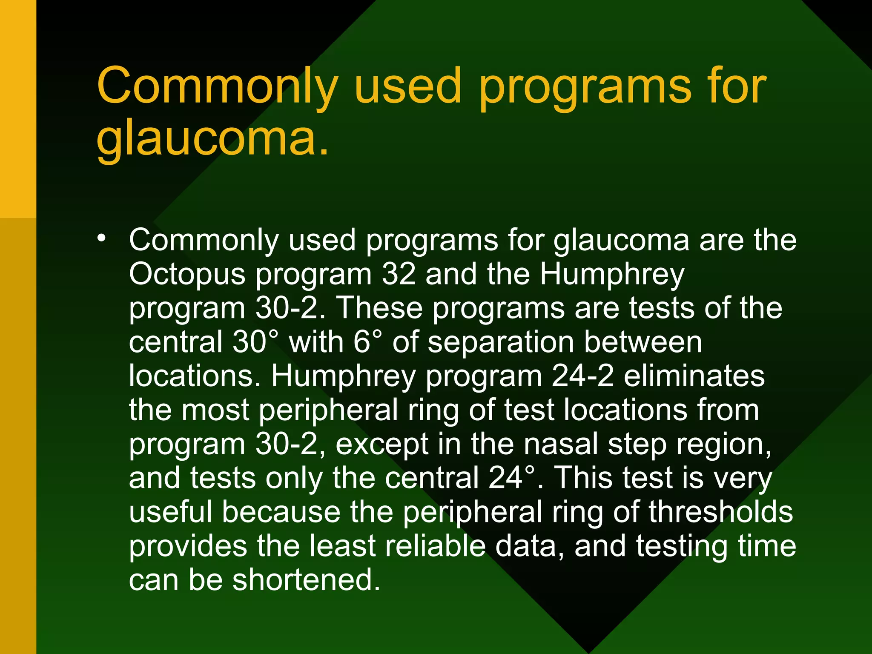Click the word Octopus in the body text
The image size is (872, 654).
tap(187, 275)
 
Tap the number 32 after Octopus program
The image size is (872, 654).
tap(399, 274)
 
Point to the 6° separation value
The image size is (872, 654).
tap(367, 342)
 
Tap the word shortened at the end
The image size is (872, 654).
tap(306, 579)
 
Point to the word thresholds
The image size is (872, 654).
tap(721, 511)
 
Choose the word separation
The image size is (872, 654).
tap(501, 342)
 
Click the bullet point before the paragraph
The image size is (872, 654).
tap(101, 238)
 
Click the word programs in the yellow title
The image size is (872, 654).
tap(585, 87)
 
